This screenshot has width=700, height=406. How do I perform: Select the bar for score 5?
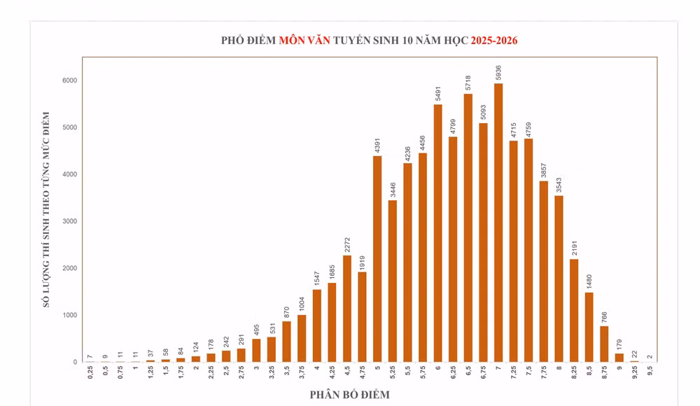click(x=377, y=259)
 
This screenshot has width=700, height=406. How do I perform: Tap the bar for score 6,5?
click(x=468, y=227)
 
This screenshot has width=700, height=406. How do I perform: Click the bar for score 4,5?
click(x=347, y=309)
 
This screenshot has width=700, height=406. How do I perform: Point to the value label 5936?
click(x=498, y=71)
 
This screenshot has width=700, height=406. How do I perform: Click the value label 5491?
click(x=438, y=92)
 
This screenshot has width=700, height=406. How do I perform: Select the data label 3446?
click(x=393, y=188)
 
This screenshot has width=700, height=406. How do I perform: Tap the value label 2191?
click(x=574, y=247)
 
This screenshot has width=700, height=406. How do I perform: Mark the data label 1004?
click(x=302, y=303)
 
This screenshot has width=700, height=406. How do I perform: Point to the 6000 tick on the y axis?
click(x=69, y=80)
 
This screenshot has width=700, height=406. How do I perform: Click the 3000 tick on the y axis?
click(x=69, y=221)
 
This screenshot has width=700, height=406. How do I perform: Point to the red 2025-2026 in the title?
click(x=493, y=41)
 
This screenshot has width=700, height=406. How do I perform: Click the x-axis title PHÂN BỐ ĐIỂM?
click(x=349, y=395)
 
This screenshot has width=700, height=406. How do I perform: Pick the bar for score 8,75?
click(x=604, y=344)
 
